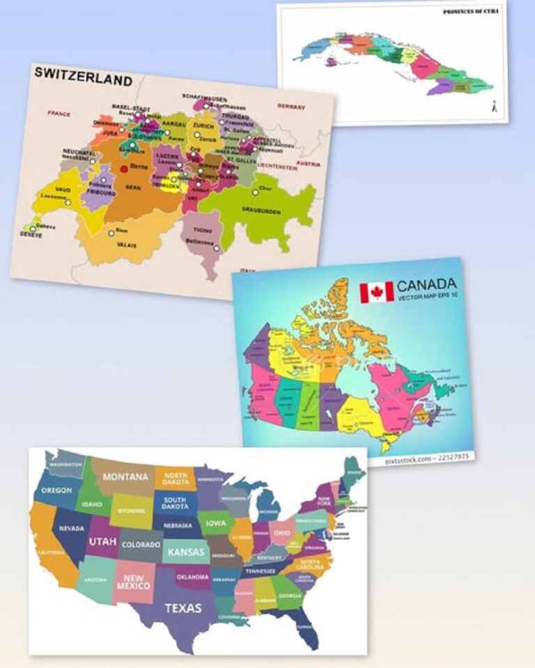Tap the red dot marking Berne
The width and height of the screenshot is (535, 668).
(124, 169)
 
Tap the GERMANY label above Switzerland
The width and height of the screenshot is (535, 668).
(291, 106)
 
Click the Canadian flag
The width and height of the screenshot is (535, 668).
(376, 292)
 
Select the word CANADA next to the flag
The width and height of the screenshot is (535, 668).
(427, 284)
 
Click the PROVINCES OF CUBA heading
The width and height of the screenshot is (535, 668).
(471, 12)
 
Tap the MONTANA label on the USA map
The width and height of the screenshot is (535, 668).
(125, 477)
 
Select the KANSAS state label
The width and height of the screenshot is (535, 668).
(187, 552)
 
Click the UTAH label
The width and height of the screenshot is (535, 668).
(102, 541)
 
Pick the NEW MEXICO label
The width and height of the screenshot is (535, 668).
(134, 582)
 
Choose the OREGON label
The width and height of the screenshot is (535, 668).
(56, 490)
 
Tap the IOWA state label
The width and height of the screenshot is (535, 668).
(215, 522)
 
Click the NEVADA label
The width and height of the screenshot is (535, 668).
(71, 529)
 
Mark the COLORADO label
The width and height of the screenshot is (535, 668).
(141, 545)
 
